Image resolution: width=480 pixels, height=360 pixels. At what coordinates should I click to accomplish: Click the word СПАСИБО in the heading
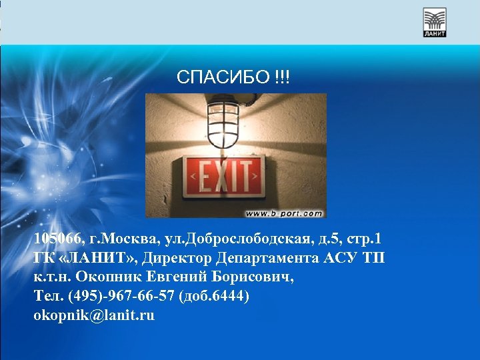(223, 78)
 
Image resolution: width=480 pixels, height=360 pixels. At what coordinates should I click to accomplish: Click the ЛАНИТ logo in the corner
(435, 22)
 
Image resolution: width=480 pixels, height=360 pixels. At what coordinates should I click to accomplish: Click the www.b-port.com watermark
(284, 213)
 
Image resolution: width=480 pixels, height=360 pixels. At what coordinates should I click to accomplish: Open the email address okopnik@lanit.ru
(93, 315)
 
